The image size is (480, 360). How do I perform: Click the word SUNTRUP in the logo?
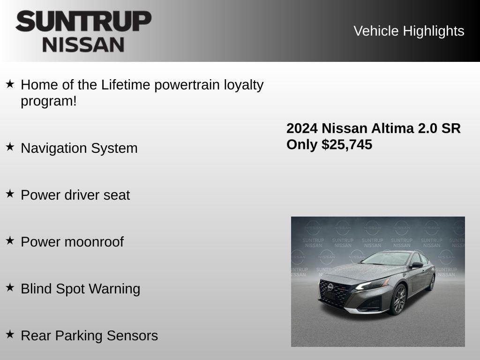[x=83, y=22]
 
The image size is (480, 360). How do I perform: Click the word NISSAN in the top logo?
[x=83, y=44]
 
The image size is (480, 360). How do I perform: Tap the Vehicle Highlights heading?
[x=409, y=31]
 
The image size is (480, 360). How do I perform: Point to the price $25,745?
[x=347, y=144]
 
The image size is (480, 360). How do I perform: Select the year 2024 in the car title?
[x=302, y=128]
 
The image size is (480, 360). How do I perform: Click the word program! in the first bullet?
[x=48, y=101]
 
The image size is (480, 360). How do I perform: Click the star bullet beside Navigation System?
[x=10, y=147]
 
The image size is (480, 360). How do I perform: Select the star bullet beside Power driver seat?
[x=10, y=194]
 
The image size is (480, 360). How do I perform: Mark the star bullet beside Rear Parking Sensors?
[x=10, y=334]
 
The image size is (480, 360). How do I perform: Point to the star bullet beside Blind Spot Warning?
[x=10, y=287]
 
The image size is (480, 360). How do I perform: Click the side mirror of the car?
[x=417, y=265]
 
